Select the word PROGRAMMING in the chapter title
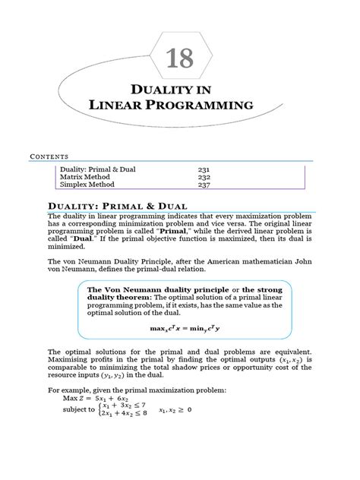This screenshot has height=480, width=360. tap(206, 105)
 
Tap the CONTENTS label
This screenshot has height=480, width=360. tap(47, 155)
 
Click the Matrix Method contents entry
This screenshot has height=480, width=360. tap(85, 176)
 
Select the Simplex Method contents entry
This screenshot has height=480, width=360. tap(87, 185)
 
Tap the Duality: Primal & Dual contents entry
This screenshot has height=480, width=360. tap(98, 169)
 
